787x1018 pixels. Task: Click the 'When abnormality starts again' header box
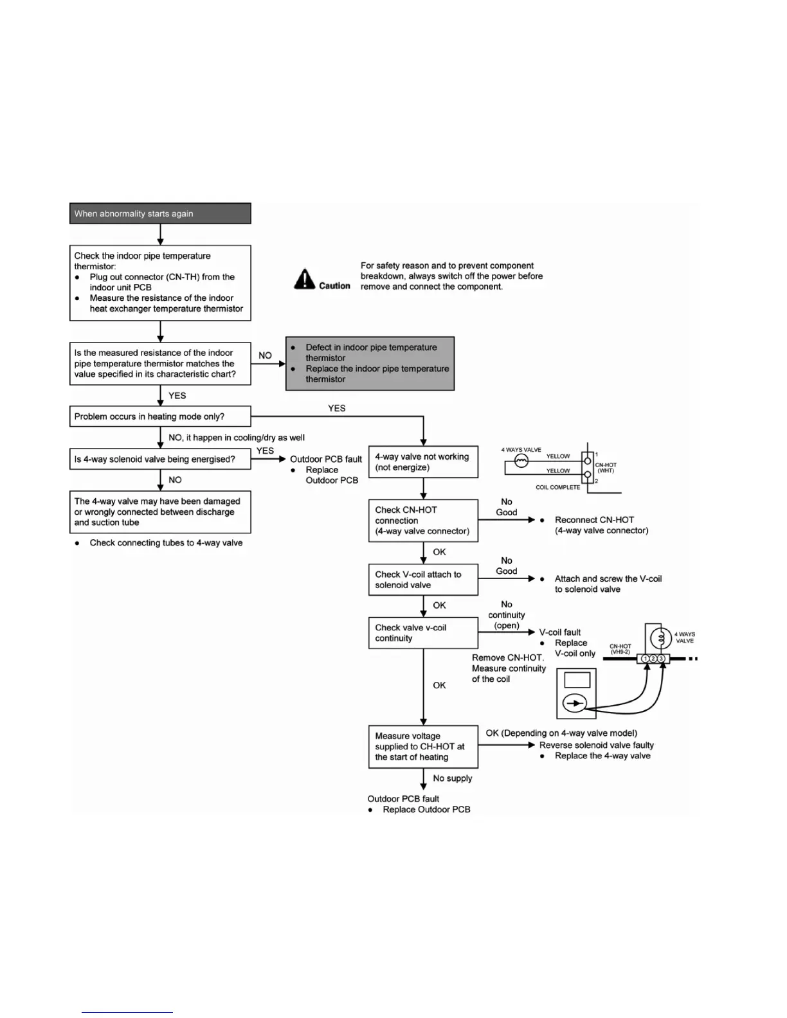pos(160,213)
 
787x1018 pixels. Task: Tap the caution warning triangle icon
pos(304,280)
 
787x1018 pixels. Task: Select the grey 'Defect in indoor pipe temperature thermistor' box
pos(370,363)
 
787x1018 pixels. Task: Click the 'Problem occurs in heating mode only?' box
pos(160,416)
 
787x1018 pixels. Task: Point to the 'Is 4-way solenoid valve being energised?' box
pos(160,460)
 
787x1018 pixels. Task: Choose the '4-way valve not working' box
pos(423,461)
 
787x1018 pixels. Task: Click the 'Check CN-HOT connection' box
pos(423,521)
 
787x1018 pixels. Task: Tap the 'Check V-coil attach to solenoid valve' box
pos(423,580)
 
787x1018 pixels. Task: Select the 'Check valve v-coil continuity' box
pos(423,633)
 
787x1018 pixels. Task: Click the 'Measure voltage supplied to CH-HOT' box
pos(423,746)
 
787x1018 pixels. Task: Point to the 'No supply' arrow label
pos(453,778)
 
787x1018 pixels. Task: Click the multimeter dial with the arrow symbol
pos(575,704)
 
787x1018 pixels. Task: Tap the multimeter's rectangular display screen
pos(577,680)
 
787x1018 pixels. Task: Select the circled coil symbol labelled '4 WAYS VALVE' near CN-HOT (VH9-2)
pos(658,638)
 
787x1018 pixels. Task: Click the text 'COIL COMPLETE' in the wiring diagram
pos(558,487)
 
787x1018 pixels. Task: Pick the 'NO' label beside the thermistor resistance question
pos(265,355)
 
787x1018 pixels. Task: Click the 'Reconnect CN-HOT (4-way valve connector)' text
pos(601,525)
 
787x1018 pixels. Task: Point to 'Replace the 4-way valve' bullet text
pos(602,756)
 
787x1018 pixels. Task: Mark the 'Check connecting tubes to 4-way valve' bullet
pos(166,543)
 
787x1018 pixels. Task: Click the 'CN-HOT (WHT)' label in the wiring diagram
pos(606,467)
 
